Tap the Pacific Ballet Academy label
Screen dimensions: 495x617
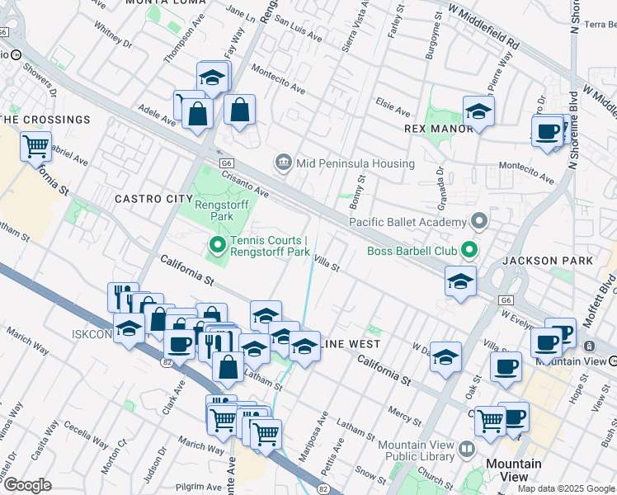(x=407, y=221)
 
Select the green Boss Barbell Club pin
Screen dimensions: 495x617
(x=470, y=248)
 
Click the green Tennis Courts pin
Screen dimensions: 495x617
(x=218, y=245)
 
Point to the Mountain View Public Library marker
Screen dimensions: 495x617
(x=468, y=450)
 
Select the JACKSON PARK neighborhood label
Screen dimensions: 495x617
(x=547, y=261)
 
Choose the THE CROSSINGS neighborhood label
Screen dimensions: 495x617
(x=45, y=120)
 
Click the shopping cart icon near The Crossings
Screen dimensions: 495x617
(x=36, y=148)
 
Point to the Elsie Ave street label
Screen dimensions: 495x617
(x=393, y=110)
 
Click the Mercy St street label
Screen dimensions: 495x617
(x=404, y=412)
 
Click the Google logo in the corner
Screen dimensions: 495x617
(x=27, y=485)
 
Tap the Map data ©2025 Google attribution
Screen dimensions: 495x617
(x=566, y=488)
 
